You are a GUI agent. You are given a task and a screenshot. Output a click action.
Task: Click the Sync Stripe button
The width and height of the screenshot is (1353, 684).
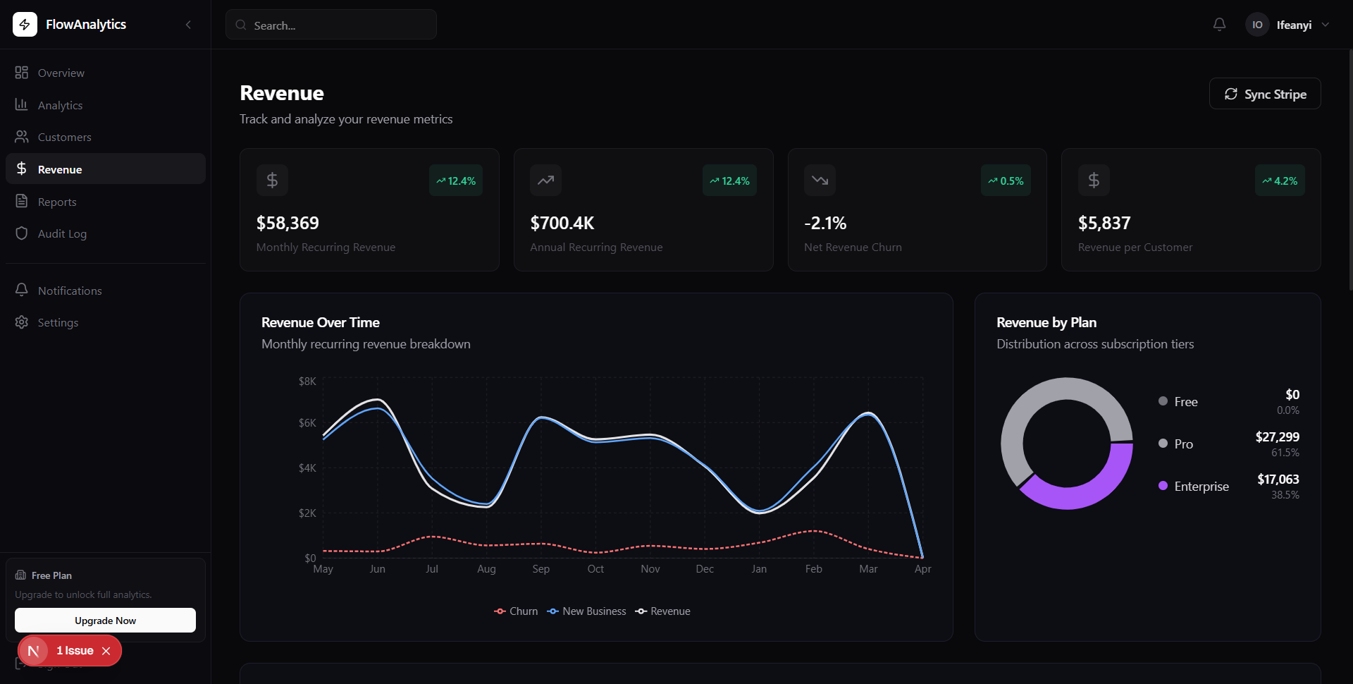coord(1265,94)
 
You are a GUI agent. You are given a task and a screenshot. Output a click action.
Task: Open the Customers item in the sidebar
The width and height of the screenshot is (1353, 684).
coord(64,137)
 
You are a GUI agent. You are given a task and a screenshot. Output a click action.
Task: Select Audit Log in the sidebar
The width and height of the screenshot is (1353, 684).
coord(62,233)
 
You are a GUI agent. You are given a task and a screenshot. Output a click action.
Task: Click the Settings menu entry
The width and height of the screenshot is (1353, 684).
coord(58,322)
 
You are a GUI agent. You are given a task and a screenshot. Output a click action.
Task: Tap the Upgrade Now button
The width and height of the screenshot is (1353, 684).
coord(105,621)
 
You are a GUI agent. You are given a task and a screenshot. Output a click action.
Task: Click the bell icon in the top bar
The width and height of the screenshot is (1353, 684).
coord(1219,25)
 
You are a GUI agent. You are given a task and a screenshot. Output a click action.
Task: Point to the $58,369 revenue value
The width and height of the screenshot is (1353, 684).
coord(288,223)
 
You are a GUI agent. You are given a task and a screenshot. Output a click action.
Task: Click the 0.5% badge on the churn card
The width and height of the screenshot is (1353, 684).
coord(1006,181)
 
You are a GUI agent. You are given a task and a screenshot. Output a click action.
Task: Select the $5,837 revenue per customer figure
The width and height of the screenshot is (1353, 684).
coord(1104,223)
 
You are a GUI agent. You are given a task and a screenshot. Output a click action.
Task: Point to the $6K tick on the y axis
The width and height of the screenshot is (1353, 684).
coord(307,423)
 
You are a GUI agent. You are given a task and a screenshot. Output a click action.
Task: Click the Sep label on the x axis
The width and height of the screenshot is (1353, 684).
coord(540,569)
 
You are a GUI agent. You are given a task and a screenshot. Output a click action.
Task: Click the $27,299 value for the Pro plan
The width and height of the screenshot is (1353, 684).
coord(1277,436)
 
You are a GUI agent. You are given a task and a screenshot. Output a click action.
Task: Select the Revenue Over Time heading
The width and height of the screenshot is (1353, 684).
coord(320,322)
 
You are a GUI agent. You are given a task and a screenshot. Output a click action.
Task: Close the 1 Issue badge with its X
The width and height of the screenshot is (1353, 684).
coord(106,651)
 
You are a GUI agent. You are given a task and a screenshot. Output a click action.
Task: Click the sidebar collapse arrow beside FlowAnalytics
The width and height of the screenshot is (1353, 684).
coord(188,25)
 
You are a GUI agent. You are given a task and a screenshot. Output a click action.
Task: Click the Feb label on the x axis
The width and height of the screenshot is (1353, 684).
coord(813,569)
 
